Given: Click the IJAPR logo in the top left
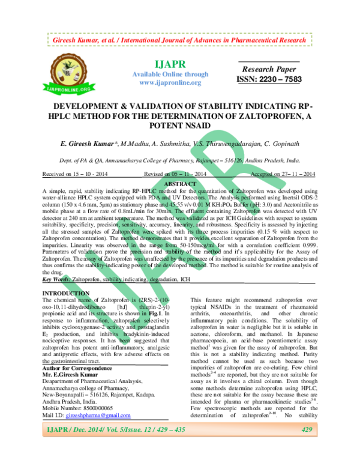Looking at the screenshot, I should click(61, 75).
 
